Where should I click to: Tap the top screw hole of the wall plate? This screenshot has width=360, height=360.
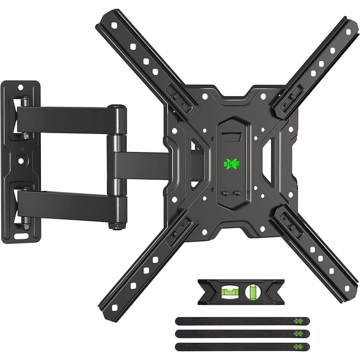point(21,87)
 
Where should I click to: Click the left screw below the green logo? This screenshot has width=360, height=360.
point(225,193)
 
